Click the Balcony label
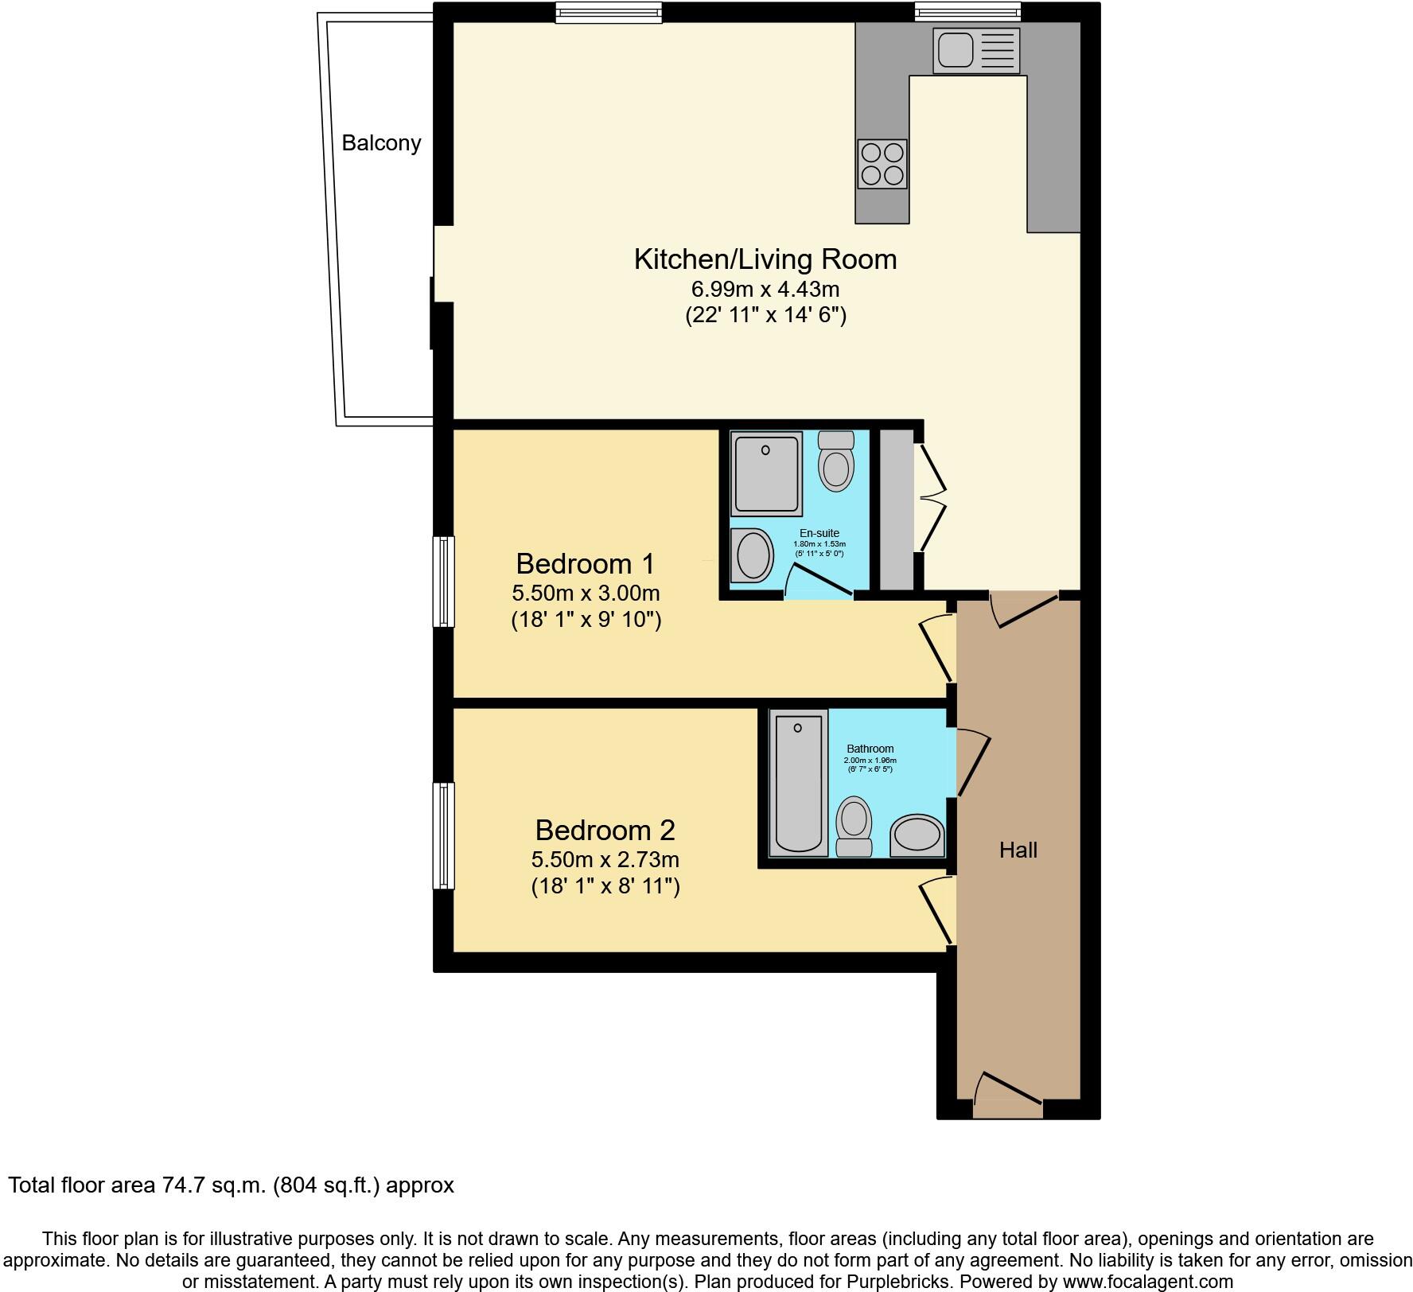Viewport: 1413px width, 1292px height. point(381,143)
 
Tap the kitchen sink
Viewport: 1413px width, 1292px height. point(975,51)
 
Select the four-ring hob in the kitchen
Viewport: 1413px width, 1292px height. point(882,164)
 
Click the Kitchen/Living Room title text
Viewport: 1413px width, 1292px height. point(765,259)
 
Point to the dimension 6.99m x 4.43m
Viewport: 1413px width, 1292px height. point(765,289)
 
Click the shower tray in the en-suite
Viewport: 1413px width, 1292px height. point(766,473)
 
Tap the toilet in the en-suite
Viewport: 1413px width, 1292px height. point(835,462)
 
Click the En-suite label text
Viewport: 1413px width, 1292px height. point(819,533)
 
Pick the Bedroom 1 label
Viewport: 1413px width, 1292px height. point(585,564)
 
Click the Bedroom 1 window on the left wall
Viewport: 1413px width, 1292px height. point(443,581)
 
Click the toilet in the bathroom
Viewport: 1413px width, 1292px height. point(854,825)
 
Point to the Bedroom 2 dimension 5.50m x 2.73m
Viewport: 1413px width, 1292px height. point(605,859)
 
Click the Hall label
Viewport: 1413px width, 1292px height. point(1018,850)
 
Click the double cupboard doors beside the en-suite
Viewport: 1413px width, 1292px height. point(932,498)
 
